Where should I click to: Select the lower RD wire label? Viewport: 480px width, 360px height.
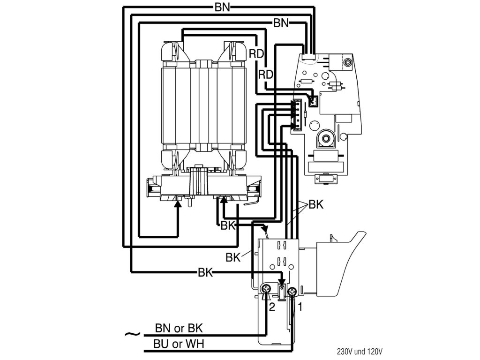(266, 75)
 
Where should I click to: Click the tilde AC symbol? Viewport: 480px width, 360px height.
(133, 334)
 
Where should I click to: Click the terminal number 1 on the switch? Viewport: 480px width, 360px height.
(300, 307)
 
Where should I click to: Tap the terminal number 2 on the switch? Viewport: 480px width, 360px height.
(271, 308)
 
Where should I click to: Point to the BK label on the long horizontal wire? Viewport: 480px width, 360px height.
(205, 272)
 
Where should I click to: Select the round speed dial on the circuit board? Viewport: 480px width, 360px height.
(324, 139)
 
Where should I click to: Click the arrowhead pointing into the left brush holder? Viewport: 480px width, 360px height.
(178, 202)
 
